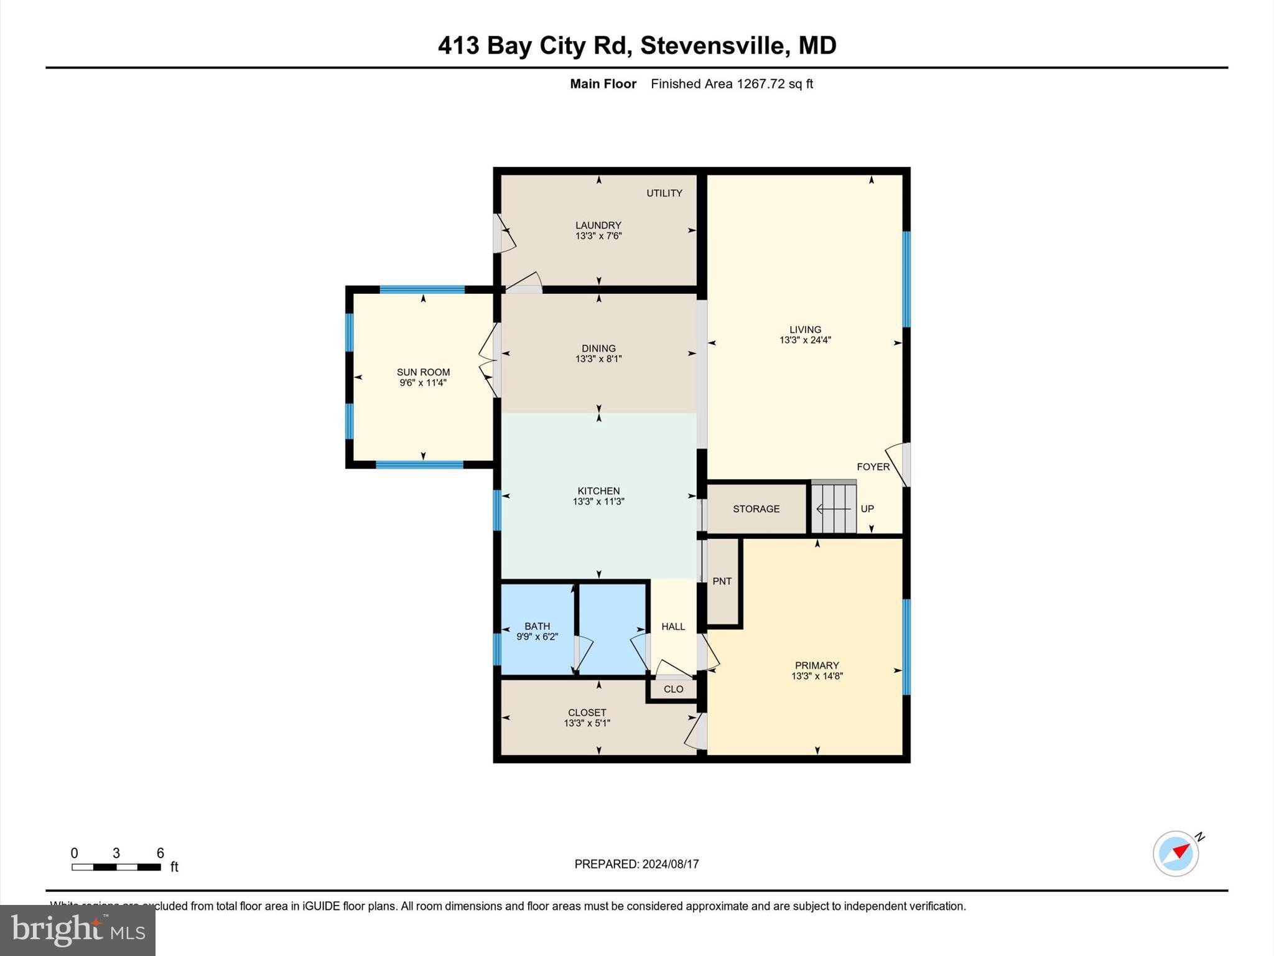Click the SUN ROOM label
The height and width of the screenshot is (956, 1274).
point(423,372)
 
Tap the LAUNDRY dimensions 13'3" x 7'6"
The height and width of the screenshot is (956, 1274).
point(598,236)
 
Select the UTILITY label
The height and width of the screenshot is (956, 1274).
point(664,193)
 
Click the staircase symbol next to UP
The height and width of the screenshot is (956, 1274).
point(834,508)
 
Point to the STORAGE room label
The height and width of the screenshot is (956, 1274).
point(756,508)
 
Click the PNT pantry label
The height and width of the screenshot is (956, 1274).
point(722,581)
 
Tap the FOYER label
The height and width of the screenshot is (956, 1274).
point(873,467)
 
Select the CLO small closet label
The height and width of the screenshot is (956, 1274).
point(673,689)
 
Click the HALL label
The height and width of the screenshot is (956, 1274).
point(673,627)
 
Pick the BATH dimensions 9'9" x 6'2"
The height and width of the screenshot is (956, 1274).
point(537,637)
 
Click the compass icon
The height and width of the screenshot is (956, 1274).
point(1176,854)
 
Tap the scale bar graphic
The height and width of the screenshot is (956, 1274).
point(116,867)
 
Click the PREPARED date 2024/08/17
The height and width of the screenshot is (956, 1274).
point(670,864)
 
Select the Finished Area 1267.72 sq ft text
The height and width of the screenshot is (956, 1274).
point(732,84)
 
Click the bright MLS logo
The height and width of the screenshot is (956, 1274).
point(78,930)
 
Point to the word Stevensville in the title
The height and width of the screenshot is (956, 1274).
point(712,45)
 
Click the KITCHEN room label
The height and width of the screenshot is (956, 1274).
point(598,491)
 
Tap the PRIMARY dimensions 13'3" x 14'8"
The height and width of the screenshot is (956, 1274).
point(817,676)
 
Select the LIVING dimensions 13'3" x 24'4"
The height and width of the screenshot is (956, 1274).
point(805,340)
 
